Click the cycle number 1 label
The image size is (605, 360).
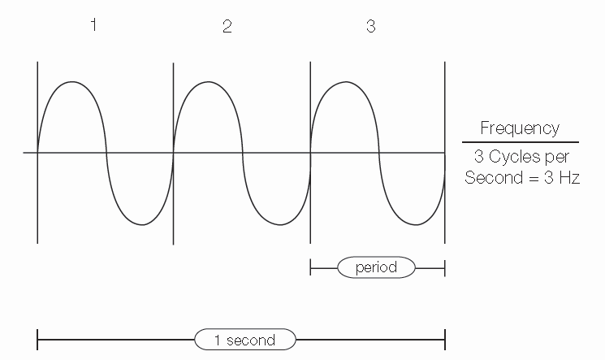point(93,25)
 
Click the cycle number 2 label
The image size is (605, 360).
point(227,26)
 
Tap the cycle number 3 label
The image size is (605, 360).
point(370,26)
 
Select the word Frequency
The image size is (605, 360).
point(520,128)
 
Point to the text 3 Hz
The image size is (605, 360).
point(563,178)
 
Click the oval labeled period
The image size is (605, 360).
point(376,267)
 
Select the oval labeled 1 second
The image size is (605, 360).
point(244,340)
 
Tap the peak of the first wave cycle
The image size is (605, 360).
point(72,81)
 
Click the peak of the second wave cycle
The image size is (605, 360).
point(209,81)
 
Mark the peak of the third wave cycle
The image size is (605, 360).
point(346,81)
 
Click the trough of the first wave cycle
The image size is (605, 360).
point(140,224)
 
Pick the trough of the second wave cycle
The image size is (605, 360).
point(277,224)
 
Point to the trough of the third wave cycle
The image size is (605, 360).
point(413,224)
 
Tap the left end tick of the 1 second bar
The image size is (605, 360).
point(38,340)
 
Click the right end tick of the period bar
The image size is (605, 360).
point(445,267)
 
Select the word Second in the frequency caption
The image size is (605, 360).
point(490,178)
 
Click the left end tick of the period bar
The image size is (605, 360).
point(311,267)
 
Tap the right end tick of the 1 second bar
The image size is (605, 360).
point(445,340)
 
